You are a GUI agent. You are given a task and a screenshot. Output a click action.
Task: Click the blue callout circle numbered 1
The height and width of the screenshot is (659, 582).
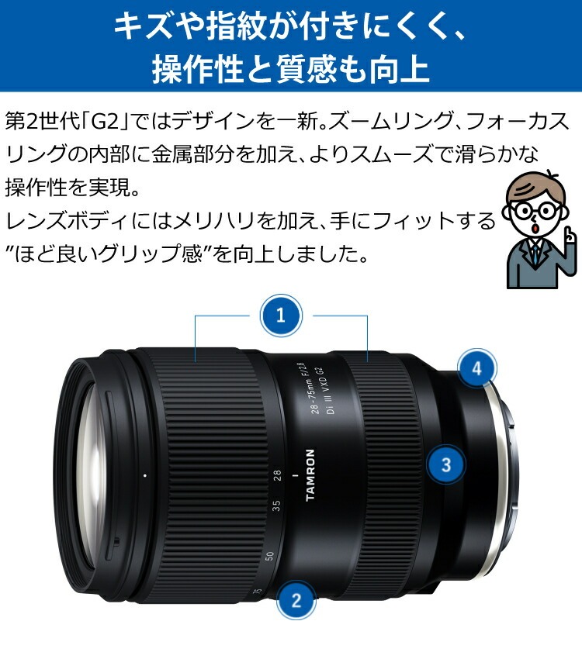pyautogui.click(x=281, y=316)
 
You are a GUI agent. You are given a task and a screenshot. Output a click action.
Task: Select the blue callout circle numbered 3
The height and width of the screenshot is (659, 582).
pyautogui.click(x=446, y=465)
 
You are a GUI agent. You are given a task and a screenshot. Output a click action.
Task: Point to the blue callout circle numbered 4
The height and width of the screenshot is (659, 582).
pyautogui.click(x=477, y=369)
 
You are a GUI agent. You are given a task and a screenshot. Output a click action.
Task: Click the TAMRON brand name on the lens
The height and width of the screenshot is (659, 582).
pyautogui.click(x=311, y=474)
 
